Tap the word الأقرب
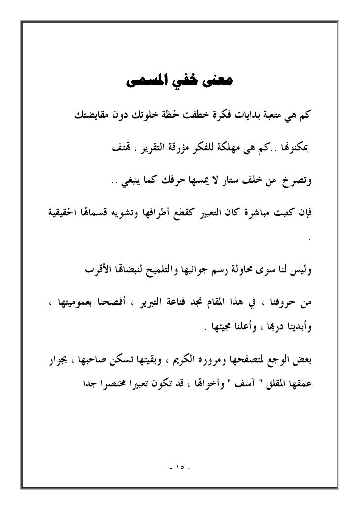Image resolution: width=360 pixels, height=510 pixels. [x=89, y=270]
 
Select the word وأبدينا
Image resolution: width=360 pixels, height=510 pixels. [x=299, y=328]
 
